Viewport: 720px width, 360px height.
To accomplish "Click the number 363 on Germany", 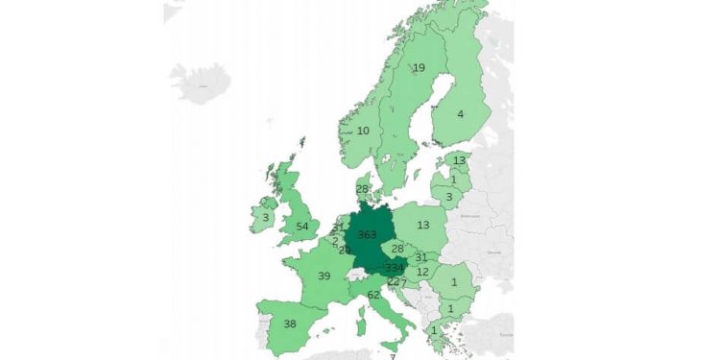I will pyautogui.click(x=367, y=235).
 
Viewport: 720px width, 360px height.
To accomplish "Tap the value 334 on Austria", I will pyautogui.click(x=394, y=268).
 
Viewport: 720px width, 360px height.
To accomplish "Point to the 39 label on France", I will pyautogui.click(x=324, y=276).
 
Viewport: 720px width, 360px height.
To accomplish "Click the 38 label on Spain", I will pyautogui.click(x=289, y=324).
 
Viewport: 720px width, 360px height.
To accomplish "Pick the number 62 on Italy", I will pyautogui.click(x=373, y=296).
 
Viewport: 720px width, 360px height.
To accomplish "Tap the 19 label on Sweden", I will pyautogui.click(x=419, y=68).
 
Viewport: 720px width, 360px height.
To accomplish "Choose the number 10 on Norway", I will pyautogui.click(x=363, y=132).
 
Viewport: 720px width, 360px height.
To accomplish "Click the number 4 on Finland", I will pyautogui.click(x=460, y=114).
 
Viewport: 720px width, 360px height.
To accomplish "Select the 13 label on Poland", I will pyautogui.click(x=423, y=226).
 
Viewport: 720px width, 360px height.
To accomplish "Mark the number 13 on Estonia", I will pyautogui.click(x=459, y=160).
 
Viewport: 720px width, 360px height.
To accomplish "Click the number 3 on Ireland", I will pyautogui.click(x=265, y=218).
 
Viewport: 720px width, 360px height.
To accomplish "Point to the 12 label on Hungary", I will pyautogui.click(x=422, y=273).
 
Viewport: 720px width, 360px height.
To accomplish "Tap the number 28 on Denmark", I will pyautogui.click(x=362, y=189).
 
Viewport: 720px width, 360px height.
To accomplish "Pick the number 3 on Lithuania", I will pyautogui.click(x=448, y=197).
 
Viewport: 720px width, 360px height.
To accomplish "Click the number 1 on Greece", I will pyautogui.click(x=433, y=332).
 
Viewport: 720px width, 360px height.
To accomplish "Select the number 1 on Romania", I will pyautogui.click(x=453, y=282).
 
